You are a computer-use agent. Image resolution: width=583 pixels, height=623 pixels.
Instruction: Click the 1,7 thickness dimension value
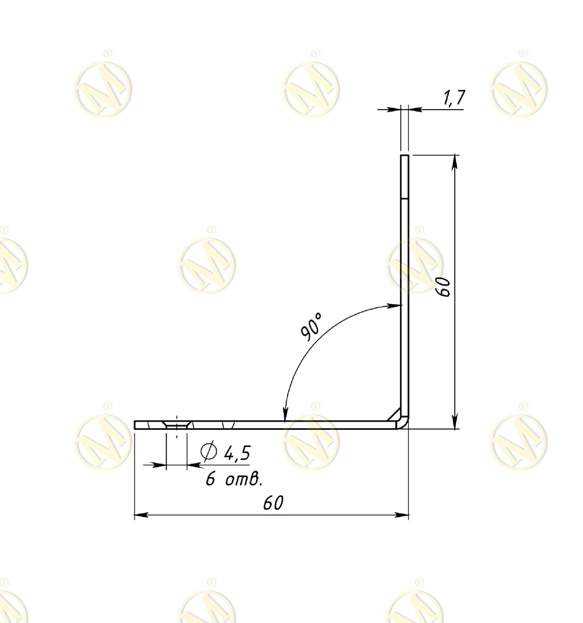tap(453, 98)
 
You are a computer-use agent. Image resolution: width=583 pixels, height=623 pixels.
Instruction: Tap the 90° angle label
tap(311, 327)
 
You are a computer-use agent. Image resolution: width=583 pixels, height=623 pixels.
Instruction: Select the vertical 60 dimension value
tap(445, 287)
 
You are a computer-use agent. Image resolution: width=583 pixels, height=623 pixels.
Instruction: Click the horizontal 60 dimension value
tap(273, 503)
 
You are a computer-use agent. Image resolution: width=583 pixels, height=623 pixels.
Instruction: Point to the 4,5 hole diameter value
tap(237, 452)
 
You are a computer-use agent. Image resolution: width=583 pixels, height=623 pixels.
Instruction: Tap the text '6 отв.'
tap(234, 479)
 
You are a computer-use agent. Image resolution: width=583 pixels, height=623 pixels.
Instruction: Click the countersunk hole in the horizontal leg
tap(176, 425)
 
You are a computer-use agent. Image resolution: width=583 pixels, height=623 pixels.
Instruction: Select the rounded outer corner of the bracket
tap(405, 425)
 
